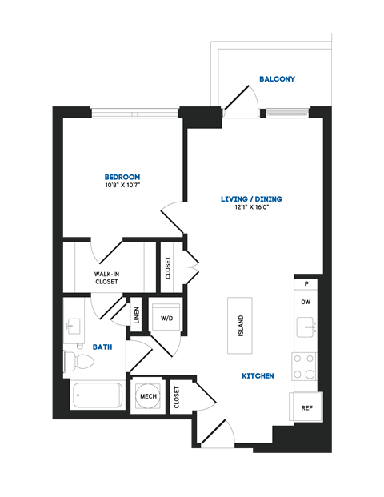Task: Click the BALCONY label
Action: [277, 79]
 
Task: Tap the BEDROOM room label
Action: [122, 177]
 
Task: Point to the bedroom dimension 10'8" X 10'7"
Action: [122, 186]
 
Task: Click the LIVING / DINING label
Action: [252, 198]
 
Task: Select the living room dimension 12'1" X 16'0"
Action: [252, 207]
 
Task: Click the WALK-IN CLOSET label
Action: [106, 278]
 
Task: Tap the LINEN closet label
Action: [137, 315]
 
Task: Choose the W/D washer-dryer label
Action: [167, 318]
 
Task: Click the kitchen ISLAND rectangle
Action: [240, 326]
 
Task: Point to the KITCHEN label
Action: [258, 375]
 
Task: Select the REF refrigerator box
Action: [306, 408]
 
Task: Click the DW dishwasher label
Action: [306, 302]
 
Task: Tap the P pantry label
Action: [306, 284]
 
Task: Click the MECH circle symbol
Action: [148, 395]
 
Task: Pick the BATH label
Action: [102, 347]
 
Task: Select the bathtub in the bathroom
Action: [96, 395]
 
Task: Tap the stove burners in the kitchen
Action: [304, 367]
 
